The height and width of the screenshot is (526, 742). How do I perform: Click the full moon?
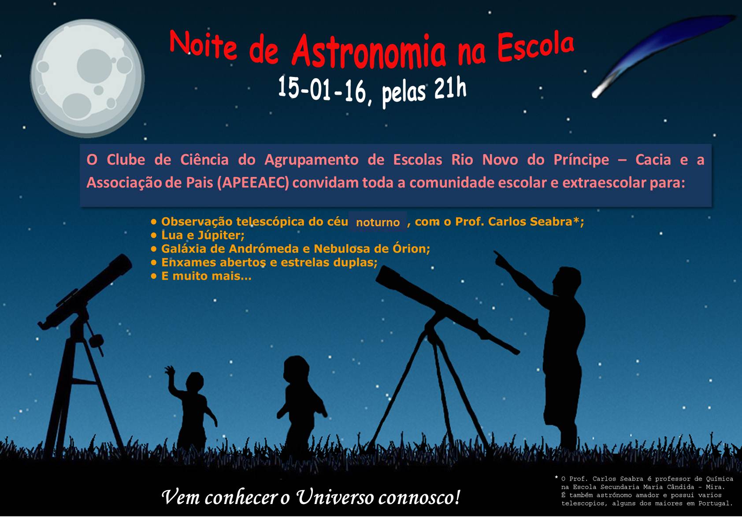(87, 78)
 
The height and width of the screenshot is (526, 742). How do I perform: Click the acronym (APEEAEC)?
(253, 183)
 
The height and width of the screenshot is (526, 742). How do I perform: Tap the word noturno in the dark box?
(378, 222)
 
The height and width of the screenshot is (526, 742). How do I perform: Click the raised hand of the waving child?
(170, 371)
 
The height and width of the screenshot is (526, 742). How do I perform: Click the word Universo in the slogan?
(335, 497)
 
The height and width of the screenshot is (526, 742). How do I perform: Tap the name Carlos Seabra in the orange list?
(530, 221)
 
